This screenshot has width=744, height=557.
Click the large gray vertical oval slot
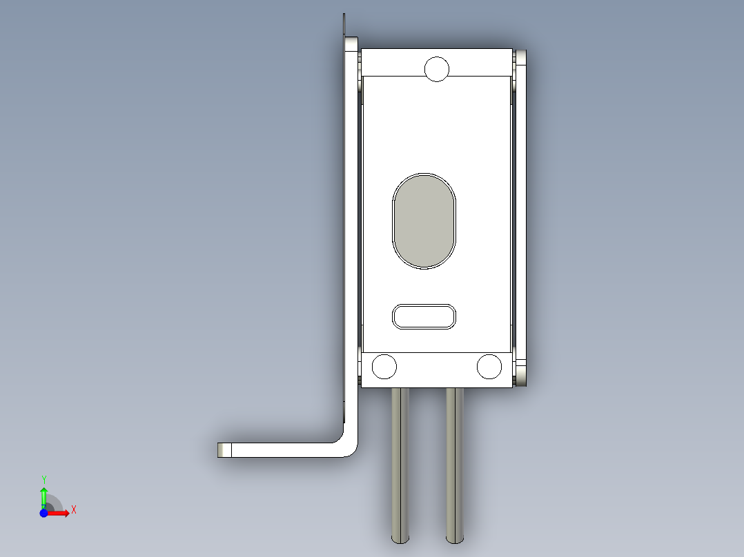[x=424, y=221]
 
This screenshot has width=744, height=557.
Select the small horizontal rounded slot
[x=424, y=316]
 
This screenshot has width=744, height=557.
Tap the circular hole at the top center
[x=436, y=69]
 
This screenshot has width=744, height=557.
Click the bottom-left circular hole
[x=384, y=367]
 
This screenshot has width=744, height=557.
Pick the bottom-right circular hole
[x=489, y=367]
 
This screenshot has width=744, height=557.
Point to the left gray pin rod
[x=400, y=465]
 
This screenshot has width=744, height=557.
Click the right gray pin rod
[x=455, y=465]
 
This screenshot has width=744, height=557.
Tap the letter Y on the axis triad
[x=44, y=480]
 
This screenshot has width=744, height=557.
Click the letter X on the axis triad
[x=74, y=510]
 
